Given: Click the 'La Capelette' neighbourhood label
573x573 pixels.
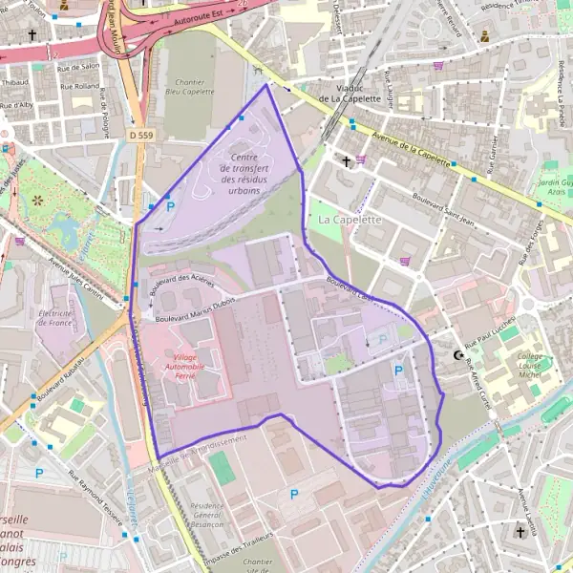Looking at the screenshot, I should (350, 219).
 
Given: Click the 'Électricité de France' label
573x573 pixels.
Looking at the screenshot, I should (55, 318).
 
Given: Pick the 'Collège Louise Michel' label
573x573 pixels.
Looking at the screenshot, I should (529, 364).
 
